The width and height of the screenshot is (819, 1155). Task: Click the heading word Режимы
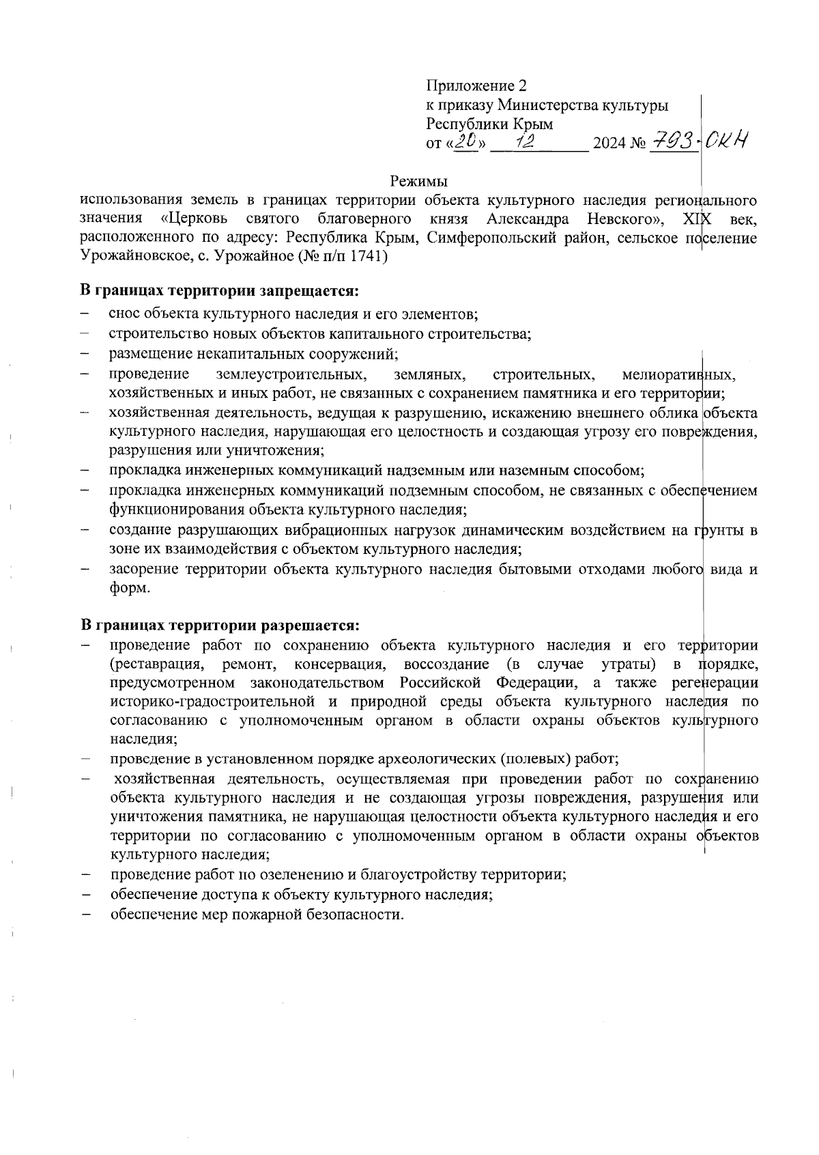click(418, 182)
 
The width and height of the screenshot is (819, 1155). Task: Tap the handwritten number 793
click(674, 142)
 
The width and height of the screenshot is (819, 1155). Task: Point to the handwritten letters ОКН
click(726, 141)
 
